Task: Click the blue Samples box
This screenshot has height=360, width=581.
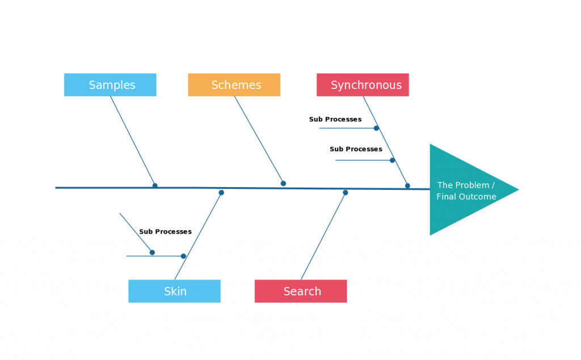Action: click(110, 85)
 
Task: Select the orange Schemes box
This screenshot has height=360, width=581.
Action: click(234, 85)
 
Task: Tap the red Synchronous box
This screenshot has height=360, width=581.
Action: click(363, 85)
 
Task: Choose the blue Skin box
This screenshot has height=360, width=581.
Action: click(174, 291)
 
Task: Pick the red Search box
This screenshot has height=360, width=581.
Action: click(301, 291)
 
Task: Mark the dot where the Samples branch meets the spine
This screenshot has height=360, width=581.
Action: click(155, 185)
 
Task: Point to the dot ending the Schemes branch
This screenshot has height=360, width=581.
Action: click(283, 183)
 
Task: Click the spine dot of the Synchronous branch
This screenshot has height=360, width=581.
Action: click(407, 185)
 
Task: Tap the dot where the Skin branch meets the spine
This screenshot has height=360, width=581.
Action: click(221, 193)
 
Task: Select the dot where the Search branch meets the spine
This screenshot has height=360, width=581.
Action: click(345, 193)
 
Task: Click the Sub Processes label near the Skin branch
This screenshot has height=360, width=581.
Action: click(165, 232)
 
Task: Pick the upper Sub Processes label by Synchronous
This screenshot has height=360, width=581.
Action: click(335, 120)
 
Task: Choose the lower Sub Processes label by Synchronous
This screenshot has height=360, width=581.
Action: click(356, 149)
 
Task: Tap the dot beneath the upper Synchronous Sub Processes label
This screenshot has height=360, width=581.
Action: click(376, 128)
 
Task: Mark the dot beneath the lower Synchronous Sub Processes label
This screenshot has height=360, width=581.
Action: click(392, 160)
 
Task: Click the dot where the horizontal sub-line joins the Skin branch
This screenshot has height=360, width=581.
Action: click(183, 256)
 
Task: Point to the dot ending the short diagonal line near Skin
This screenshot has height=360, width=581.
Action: click(152, 252)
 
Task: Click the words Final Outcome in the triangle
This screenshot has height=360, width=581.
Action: click(466, 197)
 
